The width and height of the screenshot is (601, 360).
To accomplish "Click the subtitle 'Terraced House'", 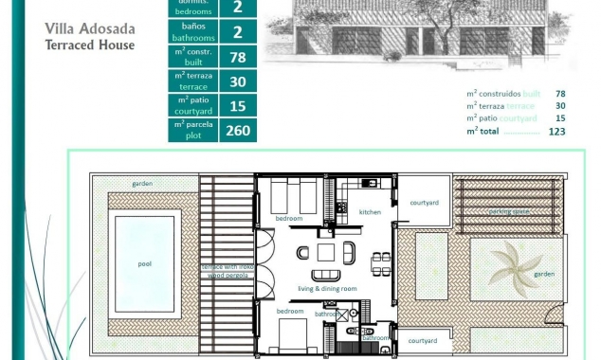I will click(90, 45).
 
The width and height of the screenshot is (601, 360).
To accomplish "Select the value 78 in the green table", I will click(237, 57).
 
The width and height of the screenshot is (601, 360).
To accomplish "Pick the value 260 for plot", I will click(237, 130).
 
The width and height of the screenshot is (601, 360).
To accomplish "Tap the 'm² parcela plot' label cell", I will click(192, 130).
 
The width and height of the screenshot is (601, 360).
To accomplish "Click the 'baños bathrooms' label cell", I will click(192, 32).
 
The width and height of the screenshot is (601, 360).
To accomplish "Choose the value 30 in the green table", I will click(237, 81).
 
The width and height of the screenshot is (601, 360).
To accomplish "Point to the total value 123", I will click(556, 132).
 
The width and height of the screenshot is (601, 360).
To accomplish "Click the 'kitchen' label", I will click(370, 212).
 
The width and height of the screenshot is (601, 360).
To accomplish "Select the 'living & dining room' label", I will click(327, 288).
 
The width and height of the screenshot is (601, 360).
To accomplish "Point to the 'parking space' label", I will click(508, 211).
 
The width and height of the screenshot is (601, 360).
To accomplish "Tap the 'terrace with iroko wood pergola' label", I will click(227, 271).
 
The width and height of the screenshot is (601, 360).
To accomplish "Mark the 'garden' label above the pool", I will click(143, 183).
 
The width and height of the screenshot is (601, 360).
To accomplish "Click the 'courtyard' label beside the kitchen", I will click(424, 202).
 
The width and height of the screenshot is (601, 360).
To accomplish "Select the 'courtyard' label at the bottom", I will click(424, 340).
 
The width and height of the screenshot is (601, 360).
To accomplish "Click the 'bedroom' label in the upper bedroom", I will click(289, 219).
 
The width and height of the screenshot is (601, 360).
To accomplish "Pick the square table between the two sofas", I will click(325, 253).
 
